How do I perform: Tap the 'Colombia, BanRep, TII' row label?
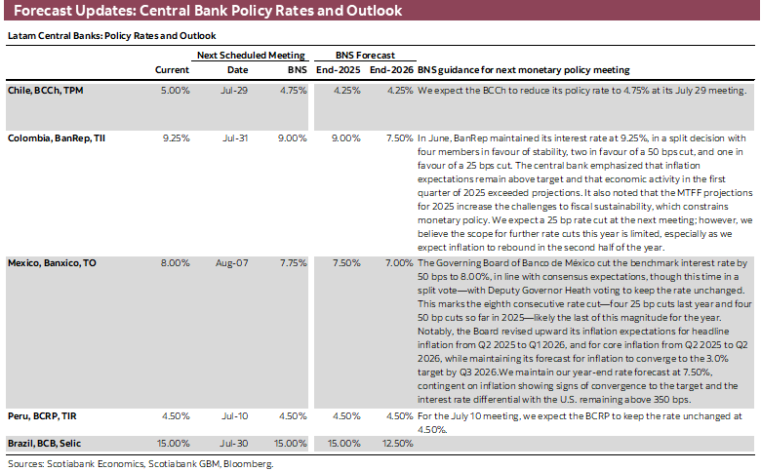click(x=57, y=138)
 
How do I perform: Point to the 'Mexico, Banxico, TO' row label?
click(x=53, y=263)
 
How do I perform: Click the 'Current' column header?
click(x=172, y=70)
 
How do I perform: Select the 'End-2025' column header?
click(x=337, y=70)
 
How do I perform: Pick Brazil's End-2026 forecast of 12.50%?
click(x=395, y=443)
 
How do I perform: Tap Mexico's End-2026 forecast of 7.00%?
click(x=398, y=263)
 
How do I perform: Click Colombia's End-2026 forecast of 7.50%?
click(x=398, y=138)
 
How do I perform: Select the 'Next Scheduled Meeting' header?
click(x=251, y=56)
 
